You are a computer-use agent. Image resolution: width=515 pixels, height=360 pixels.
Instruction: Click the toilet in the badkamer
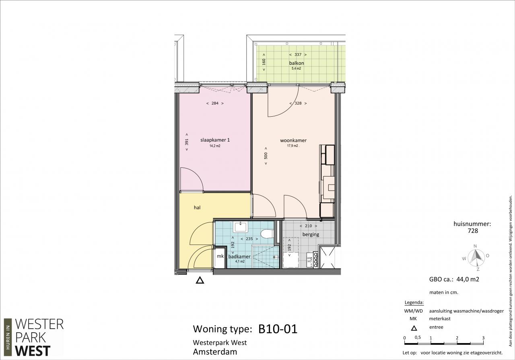pos(268,234)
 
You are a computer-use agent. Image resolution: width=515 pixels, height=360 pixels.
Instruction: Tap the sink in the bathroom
pos(240,227)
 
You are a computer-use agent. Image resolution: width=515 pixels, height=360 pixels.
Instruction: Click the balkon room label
pos(297,63)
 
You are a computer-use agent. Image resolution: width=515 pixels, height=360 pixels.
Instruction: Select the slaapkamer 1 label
pos(215,140)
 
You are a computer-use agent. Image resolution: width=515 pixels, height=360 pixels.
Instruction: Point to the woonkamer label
pos(293,140)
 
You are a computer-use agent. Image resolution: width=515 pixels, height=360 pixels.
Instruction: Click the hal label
pos(197,208)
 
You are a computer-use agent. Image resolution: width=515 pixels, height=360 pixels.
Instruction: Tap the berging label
pos(311,235)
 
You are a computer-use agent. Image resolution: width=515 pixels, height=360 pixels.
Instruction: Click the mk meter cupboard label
pos(220,256)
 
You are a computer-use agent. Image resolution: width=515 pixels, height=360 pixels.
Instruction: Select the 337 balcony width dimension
pos(298,55)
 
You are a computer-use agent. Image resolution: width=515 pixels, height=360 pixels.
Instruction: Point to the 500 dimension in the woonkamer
pos(266,156)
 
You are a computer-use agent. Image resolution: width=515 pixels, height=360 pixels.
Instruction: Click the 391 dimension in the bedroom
pos(187,142)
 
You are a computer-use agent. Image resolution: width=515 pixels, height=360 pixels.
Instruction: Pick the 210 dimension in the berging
pos(308,226)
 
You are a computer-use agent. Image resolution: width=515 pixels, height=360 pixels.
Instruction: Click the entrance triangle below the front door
pos(200,280)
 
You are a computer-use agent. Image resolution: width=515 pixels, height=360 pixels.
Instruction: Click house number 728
pos(473,230)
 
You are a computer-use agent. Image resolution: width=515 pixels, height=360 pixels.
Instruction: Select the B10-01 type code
pos(278,329)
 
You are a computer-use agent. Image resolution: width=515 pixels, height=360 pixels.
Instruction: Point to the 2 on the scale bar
pos(457,338)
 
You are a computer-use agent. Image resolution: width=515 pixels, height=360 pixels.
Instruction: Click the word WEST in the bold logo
pos(33,351)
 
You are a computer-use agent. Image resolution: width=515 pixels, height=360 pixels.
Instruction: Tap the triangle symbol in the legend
pos(414,328)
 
